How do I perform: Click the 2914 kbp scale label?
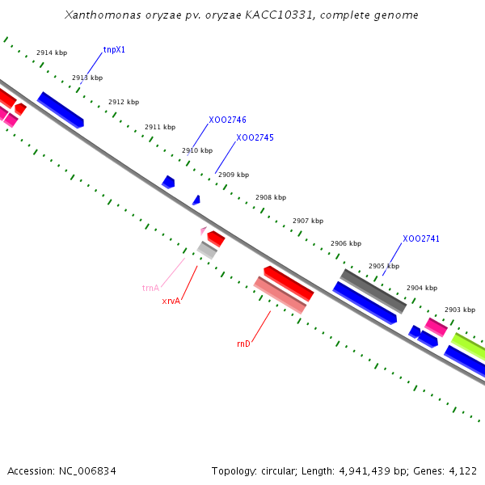52,53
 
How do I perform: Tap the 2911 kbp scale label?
160,127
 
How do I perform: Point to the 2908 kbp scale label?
271,197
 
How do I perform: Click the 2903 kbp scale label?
460,310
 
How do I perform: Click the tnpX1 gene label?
114,50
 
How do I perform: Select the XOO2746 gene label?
227,120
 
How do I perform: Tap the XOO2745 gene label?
255,138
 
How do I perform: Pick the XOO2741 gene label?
421,239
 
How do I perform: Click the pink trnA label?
150,288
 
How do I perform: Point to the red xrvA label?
171,301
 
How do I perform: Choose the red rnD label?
243,344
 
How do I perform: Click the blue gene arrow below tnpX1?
61,110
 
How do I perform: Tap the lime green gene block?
469,347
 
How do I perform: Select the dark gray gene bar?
373,291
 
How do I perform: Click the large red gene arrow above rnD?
289,283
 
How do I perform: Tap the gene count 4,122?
462,470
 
